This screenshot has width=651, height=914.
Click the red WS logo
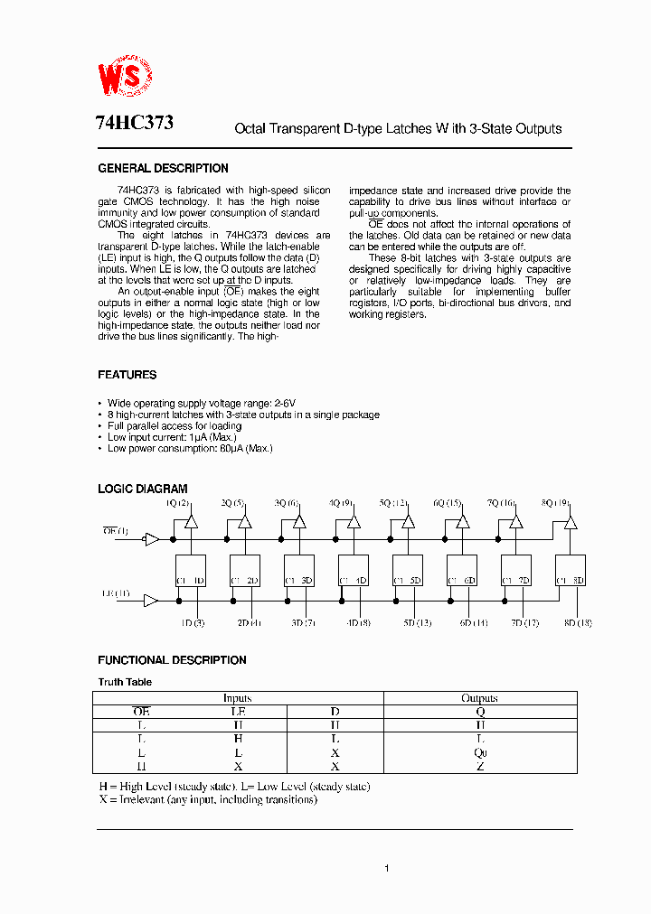125,79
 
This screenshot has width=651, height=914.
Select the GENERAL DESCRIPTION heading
163,169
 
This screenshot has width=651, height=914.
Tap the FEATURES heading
127,375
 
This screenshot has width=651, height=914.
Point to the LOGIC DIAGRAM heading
142,489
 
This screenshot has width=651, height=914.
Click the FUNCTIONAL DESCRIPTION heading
172,660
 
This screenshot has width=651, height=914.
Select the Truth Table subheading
125,682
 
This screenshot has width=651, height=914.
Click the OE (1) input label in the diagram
115,531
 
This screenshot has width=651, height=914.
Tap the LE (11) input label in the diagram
115,593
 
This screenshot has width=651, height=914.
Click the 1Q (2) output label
178,503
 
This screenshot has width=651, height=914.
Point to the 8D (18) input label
578,623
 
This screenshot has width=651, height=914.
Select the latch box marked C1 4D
354,570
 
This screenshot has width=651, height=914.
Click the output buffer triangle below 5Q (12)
409,522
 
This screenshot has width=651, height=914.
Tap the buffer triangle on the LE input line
151,601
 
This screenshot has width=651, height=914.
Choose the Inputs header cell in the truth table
238,698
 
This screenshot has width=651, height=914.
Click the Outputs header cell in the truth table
480,698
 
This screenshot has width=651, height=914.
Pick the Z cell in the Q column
480,766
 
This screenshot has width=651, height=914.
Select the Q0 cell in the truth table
480,752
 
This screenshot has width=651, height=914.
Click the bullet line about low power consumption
190,448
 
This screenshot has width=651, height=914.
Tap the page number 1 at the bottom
386,869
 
